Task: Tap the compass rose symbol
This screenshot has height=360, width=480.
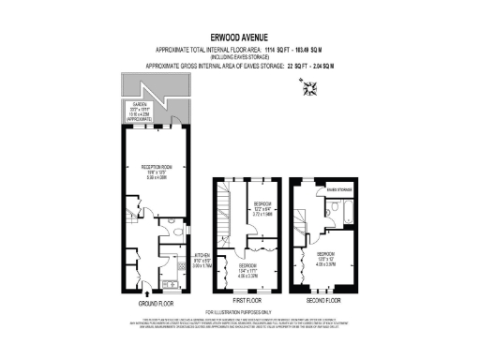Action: [x=311, y=89]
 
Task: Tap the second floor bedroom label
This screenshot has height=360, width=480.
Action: [x=327, y=258]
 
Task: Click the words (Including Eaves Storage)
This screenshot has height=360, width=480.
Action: [x=239, y=57]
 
